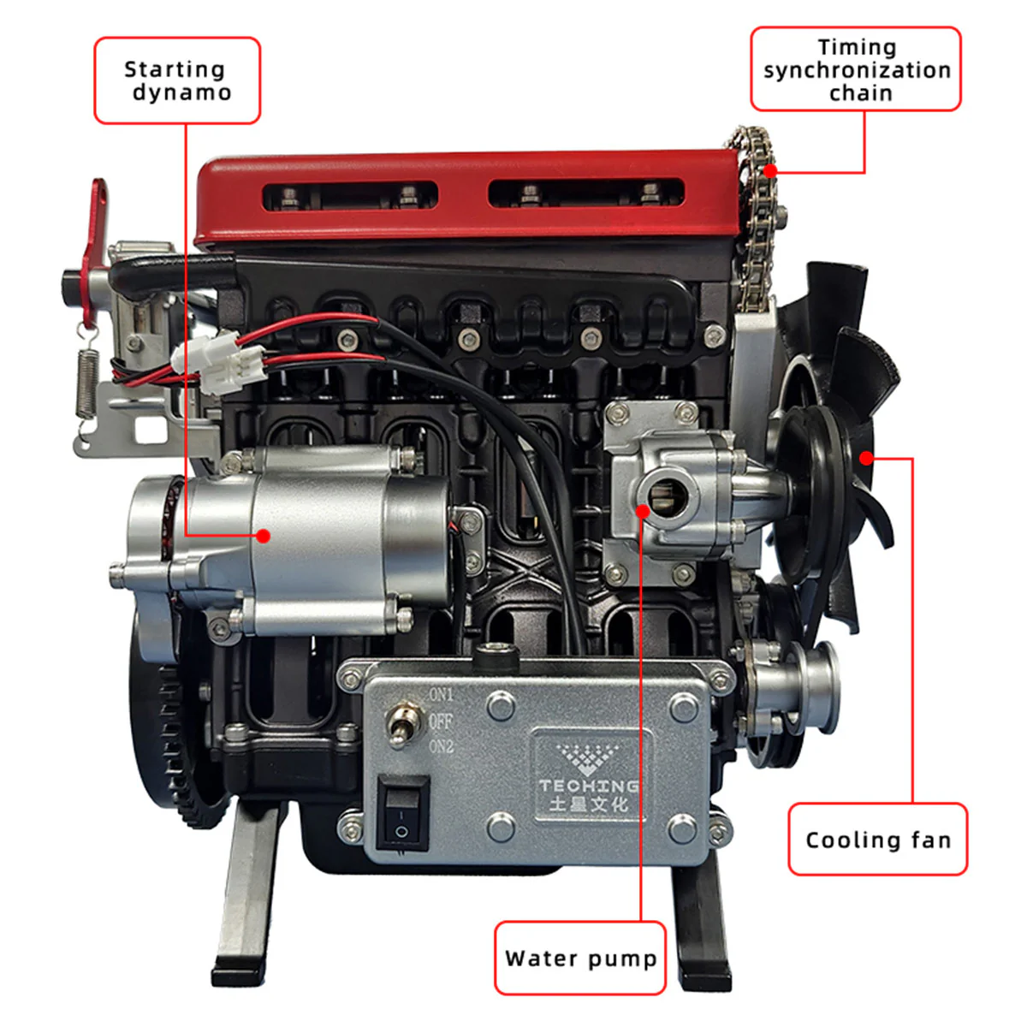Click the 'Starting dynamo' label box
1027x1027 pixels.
click(x=177, y=80)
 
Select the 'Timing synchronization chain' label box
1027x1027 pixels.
click(x=856, y=69)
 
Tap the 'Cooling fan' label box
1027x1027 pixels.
click(x=877, y=840)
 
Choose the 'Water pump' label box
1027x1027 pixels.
click(x=580, y=958)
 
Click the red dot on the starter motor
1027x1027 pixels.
click(x=264, y=536)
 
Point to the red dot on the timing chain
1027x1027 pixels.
click(x=770, y=170)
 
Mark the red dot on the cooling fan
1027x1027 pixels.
click(x=866, y=458)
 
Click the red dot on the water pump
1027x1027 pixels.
click(x=643, y=511)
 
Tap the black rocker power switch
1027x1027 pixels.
click(x=402, y=813)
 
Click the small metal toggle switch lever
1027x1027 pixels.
click(x=400, y=723)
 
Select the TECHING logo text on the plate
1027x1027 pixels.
click(x=588, y=785)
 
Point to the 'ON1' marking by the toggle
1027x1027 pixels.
click(x=442, y=694)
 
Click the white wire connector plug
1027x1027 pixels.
click(x=214, y=362)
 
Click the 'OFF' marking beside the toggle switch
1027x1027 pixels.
click(x=441, y=721)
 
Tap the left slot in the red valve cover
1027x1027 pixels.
click(x=350, y=195)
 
